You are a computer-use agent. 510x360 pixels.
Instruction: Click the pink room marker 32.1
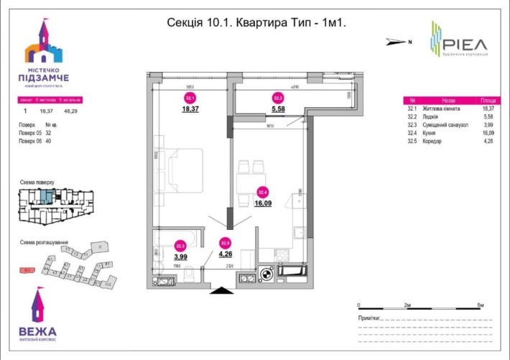(x=190, y=98)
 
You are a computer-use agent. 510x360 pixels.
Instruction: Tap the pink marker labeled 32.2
(x=277, y=98)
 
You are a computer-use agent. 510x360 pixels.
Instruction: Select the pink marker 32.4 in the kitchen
(x=263, y=192)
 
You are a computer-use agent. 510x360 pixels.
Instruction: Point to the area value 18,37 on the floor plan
(x=190, y=109)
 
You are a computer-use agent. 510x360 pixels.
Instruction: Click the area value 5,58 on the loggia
(x=278, y=109)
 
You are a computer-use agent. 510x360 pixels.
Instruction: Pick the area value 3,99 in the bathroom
(x=181, y=257)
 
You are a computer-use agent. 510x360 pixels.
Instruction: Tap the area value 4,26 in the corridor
(x=226, y=253)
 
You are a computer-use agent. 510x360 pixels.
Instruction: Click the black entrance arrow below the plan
(x=222, y=291)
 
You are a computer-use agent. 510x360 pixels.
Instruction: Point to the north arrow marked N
(x=397, y=42)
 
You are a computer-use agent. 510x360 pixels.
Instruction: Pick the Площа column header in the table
(x=487, y=101)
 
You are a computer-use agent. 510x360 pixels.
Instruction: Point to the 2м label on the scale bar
(x=408, y=306)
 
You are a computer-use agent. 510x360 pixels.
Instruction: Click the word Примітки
(x=369, y=317)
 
